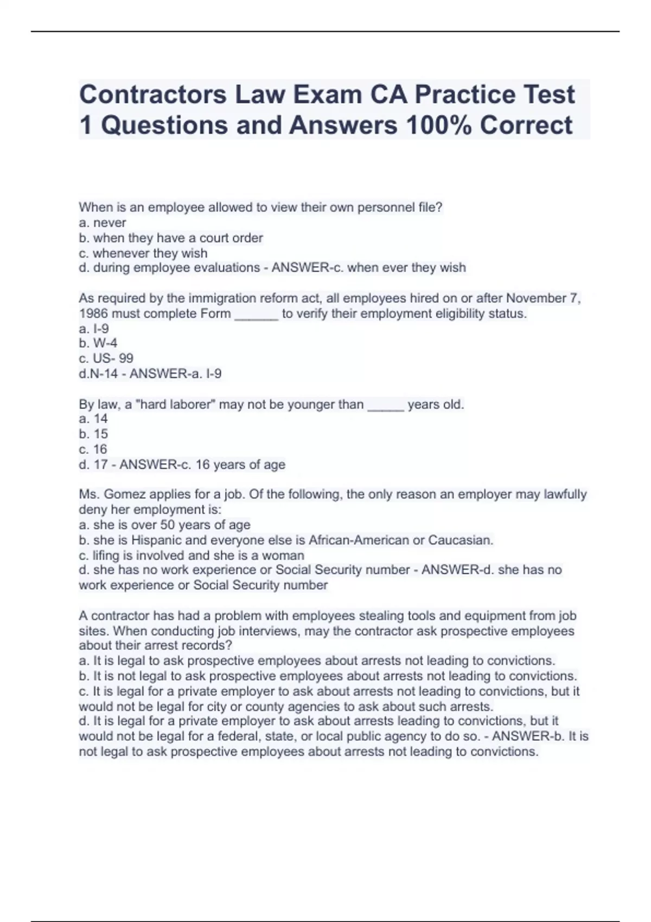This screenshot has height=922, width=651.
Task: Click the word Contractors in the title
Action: (152, 94)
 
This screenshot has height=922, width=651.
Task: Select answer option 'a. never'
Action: (103, 223)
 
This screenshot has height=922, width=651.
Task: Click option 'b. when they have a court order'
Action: (171, 238)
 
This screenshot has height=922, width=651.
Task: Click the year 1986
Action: (93, 313)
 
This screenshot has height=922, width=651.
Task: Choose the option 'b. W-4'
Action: (98, 343)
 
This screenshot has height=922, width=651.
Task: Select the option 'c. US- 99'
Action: (106, 358)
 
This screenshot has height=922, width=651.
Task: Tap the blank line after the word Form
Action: (256, 315)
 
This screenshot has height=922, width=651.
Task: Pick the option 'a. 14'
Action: (93, 419)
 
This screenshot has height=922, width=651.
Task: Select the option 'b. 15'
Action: (93, 434)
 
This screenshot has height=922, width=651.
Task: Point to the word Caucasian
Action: (461, 540)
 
